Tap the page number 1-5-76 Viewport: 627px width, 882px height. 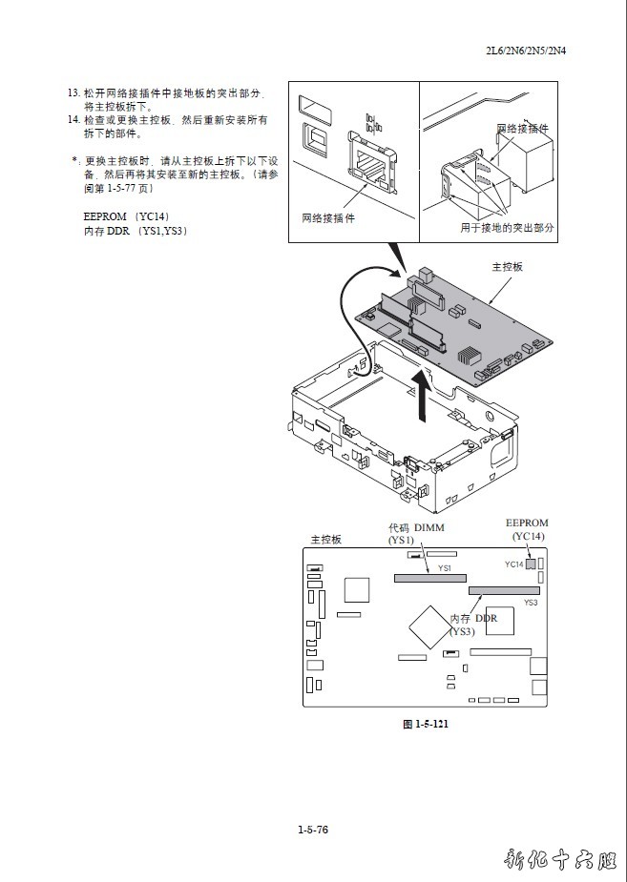(x=313, y=830)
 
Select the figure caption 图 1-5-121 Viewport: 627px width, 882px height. (x=425, y=724)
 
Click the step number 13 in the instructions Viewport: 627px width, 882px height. (x=73, y=93)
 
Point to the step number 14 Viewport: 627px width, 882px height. (x=73, y=120)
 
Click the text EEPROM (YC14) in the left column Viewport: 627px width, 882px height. (x=126, y=216)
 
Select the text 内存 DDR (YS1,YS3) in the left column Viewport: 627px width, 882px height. (x=135, y=231)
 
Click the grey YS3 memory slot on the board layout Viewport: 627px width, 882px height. (x=503, y=591)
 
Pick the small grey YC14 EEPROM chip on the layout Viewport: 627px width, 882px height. (x=532, y=564)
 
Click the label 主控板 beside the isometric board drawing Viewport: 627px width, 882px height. (x=507, y=267)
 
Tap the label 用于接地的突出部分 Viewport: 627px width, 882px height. (x=507, y=229)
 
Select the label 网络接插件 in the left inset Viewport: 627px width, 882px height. (x=326, y=218)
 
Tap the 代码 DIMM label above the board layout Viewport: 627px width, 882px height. (x=416, y=528)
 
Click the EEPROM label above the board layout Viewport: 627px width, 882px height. (x=527, y=523)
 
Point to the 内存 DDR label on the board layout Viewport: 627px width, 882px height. (x=474, y=619)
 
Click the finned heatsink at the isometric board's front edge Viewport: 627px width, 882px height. (x=467, y=358)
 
